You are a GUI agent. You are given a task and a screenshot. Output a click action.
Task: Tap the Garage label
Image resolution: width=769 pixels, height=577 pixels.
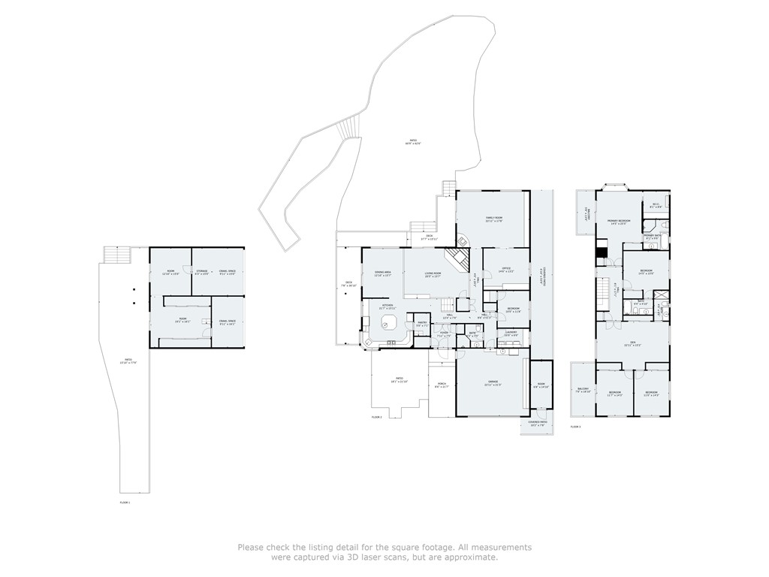(493, 383)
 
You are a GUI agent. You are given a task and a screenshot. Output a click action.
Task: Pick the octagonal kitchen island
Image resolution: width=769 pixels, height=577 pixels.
(388, 323)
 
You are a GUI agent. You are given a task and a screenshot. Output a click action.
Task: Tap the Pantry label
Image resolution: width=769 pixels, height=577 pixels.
(422, 324)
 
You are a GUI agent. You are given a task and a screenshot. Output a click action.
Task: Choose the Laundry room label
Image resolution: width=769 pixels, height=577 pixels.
(511, 333)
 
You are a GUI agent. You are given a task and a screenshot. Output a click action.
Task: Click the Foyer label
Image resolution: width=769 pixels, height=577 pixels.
(444, 334)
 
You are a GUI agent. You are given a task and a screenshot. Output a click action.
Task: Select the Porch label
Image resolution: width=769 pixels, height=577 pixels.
(442, 385)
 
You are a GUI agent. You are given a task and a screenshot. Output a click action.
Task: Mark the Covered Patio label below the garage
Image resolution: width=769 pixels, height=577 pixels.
(538, 423)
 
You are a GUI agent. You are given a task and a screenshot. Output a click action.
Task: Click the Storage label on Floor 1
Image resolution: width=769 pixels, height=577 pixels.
(201, 271)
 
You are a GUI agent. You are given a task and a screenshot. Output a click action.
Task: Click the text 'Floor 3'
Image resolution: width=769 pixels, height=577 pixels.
(575, 426)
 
